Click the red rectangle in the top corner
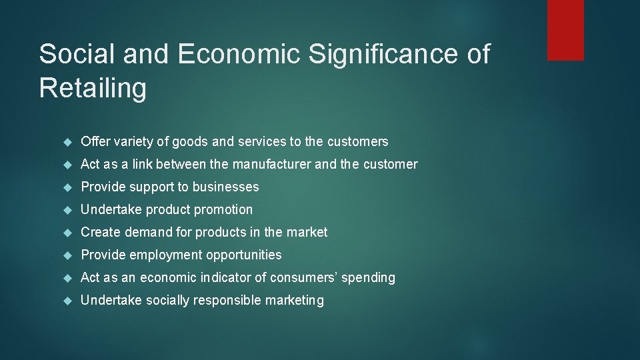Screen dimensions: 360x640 coord(565,30)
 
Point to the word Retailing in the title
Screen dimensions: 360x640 coord(93,88)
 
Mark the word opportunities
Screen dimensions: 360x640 coord(244,255)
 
